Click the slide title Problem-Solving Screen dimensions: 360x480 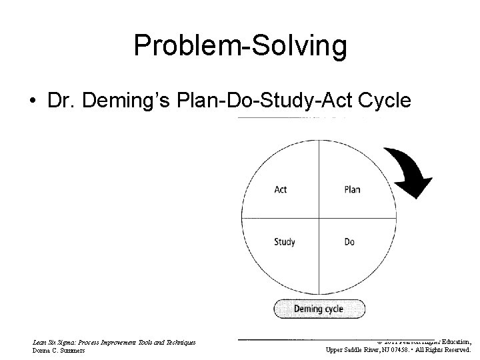click(240, 46)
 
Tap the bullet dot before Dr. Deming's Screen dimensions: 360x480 click(32, 101)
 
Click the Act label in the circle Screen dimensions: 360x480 click(281, 189)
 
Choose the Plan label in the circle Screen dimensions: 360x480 click(352, 189)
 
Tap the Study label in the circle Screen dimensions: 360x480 click(285, 242)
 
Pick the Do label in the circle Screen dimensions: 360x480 click(349, 242)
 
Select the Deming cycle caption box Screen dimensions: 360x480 click(319, 309)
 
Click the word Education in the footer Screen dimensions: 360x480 click(453, 340)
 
